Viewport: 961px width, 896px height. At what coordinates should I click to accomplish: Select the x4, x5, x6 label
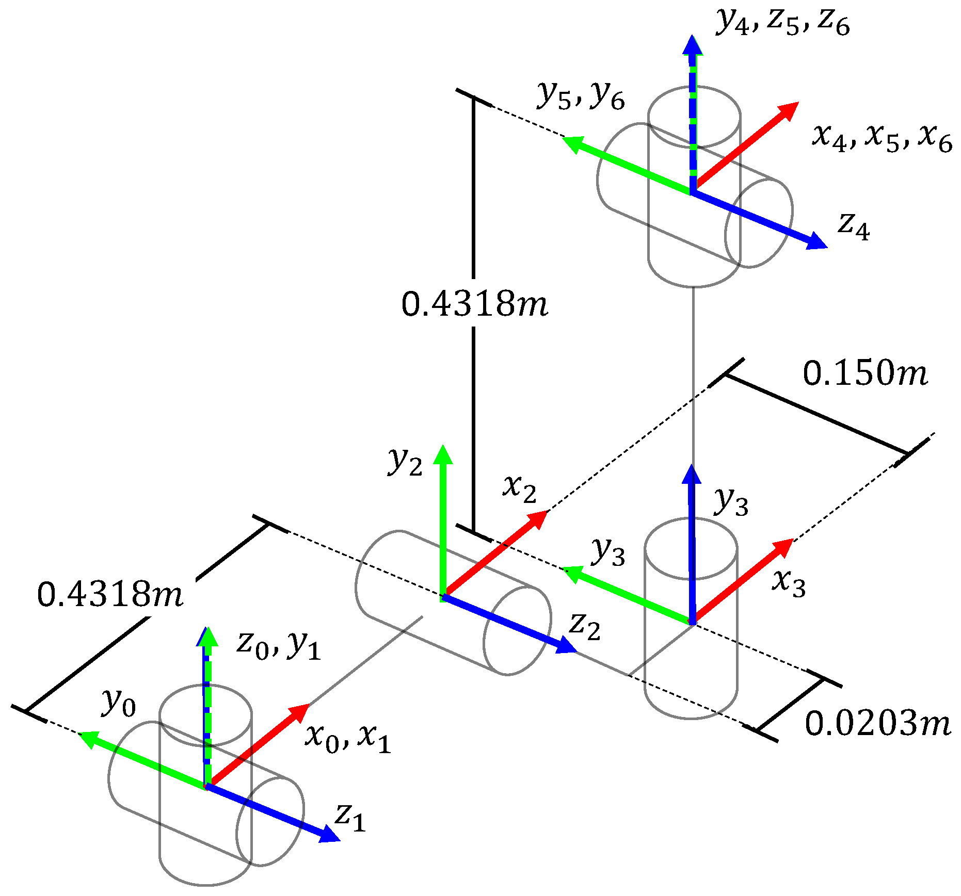[882, 138]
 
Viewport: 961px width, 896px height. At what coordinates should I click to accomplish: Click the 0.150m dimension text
[865, 373]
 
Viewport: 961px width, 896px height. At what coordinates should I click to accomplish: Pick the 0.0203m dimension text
[877, 723]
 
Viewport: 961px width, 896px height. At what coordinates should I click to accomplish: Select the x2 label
[520, 488]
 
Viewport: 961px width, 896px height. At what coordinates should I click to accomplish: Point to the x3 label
[789, 583]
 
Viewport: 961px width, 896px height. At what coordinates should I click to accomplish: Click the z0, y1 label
[279, 645]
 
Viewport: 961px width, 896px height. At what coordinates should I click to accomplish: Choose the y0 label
[119, 703]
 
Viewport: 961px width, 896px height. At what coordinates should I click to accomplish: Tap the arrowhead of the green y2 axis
[442, 455]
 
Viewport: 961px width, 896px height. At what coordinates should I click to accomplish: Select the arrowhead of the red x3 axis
[784, 546]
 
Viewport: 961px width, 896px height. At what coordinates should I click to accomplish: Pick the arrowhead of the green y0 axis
[87, 738]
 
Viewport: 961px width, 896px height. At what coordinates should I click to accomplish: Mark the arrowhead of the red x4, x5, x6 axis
[790, 110]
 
